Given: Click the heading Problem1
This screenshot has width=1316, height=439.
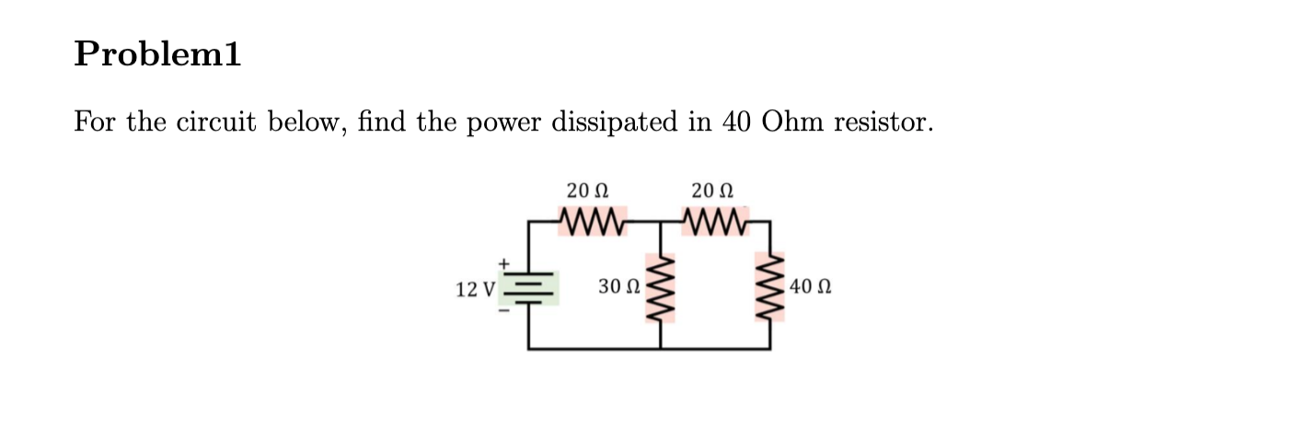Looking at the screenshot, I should coord(157,55).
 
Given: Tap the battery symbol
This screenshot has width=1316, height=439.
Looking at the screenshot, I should coord(530,287).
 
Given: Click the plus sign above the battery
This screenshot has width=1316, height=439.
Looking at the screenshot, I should coord(503,264).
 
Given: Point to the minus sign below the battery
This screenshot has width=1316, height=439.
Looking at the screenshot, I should coord(503,309).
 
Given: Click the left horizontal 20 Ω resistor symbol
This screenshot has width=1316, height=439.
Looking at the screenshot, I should coord(591,222).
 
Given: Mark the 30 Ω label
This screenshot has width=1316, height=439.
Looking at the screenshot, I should coord(618,287).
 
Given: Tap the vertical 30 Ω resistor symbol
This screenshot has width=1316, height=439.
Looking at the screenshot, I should coord(661,287).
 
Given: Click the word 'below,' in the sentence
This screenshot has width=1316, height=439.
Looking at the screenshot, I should coord(306,122).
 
